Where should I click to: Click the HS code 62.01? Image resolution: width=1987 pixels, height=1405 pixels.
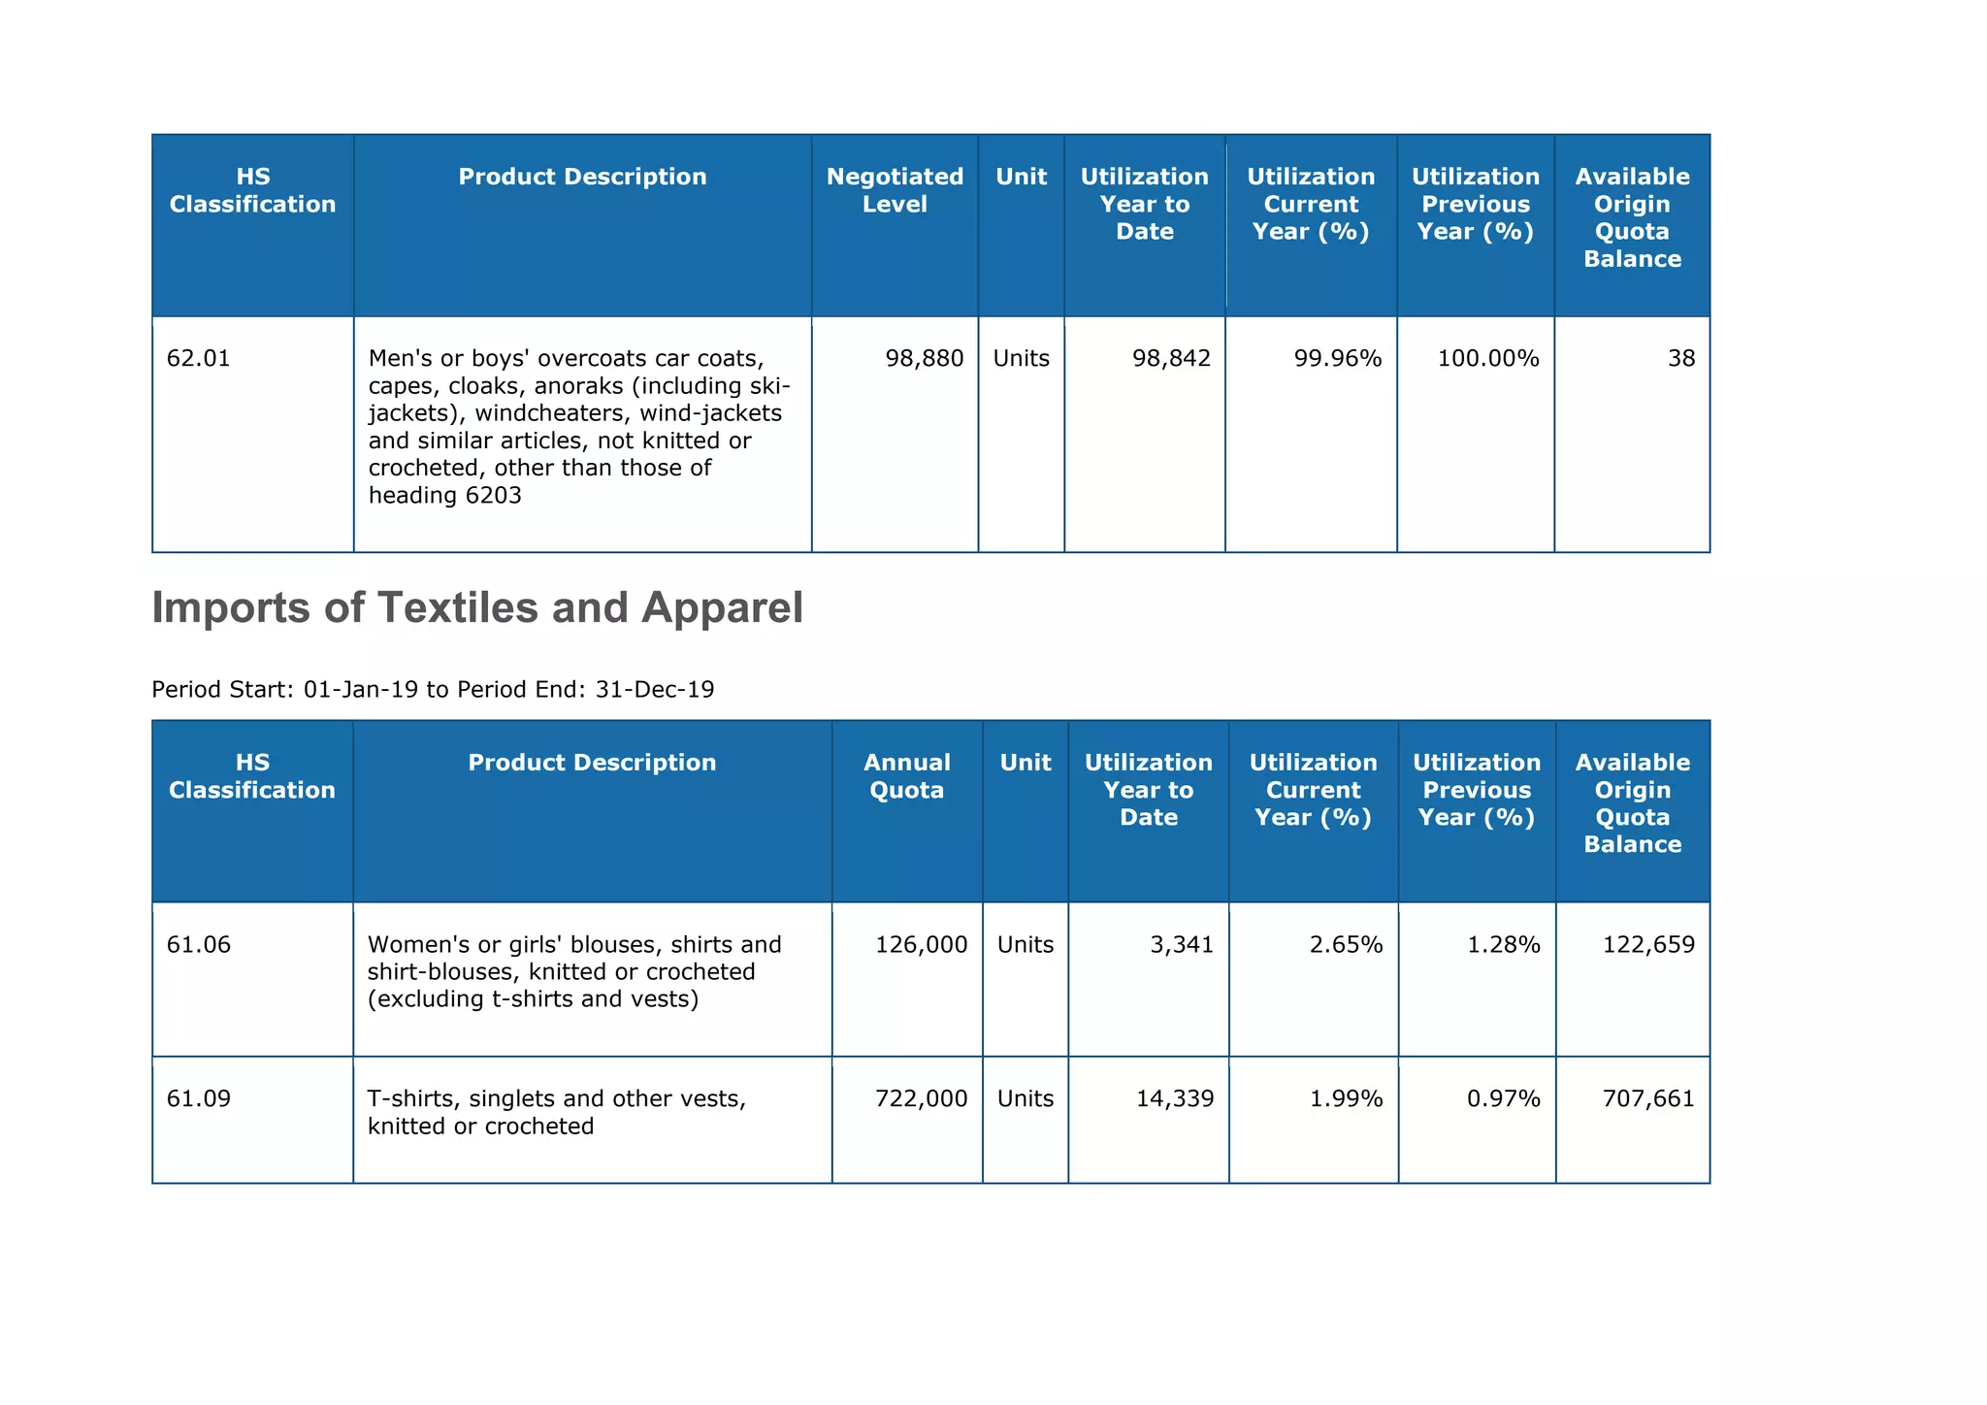pos(199,359)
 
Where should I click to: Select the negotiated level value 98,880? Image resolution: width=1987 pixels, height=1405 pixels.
pos(925,359)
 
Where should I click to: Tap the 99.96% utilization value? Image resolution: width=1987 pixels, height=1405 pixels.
pos(1338,359)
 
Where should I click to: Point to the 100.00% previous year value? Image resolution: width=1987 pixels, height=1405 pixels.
pos(1488,359)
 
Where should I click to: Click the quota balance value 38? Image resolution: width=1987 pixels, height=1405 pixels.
pos(1681,359)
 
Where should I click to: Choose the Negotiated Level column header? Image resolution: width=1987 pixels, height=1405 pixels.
pos(895,190)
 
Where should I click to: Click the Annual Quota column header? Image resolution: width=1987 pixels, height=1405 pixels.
pos(907,776)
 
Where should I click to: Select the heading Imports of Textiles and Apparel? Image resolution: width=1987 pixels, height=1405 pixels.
pos(477,608)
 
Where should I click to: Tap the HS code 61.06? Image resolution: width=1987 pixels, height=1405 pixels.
pos(199,945)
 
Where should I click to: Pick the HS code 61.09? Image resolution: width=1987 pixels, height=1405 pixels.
pos(199,1099)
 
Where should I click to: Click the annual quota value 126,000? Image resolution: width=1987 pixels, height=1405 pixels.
pos(922,945)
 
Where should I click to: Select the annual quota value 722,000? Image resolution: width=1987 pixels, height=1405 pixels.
pos(922,1099)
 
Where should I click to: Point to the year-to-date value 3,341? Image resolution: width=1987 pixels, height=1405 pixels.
pos(1182,945)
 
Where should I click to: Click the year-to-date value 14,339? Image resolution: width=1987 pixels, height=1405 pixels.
pos(1175,1099)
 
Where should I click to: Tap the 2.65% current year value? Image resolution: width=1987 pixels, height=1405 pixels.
pos(1346,945)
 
